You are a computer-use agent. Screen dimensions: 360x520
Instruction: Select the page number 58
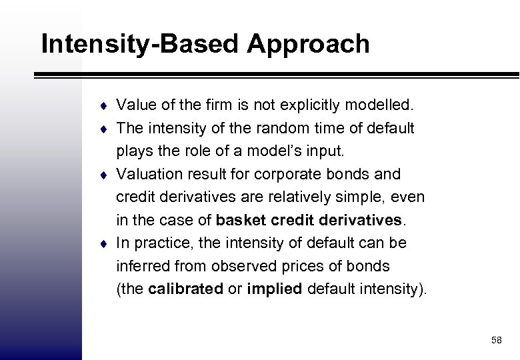click(496, 340)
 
